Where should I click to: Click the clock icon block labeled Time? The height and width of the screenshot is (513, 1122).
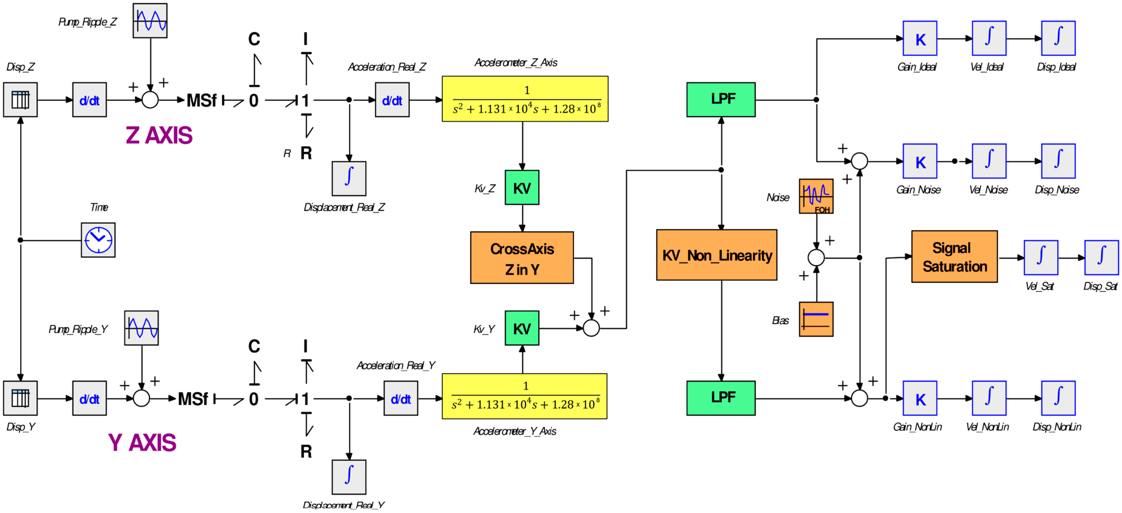pos(98,240)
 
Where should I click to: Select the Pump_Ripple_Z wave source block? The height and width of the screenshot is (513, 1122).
pos(150,20)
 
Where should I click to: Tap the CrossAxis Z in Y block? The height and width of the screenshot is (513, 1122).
pos(522,258)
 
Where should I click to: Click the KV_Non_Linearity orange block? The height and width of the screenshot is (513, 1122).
pos(717,255)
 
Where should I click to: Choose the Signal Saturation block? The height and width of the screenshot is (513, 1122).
pos(954,257)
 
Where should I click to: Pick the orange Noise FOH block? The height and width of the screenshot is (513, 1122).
pos(816,196)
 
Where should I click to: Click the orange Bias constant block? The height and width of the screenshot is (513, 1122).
pos(816,319)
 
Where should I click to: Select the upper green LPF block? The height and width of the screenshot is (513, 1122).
pos(721,99)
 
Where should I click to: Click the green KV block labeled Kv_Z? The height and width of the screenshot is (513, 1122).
pos(522,187)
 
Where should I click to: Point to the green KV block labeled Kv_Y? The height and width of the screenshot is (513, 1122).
pos(522,328)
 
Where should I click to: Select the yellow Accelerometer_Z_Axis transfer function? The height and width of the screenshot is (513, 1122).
pos(525,99)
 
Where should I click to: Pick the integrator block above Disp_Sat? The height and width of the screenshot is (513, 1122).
pos(1101,257)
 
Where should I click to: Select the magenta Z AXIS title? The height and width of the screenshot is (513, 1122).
pos(159,135)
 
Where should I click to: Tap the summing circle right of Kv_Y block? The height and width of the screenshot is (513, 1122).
pos(591,328)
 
